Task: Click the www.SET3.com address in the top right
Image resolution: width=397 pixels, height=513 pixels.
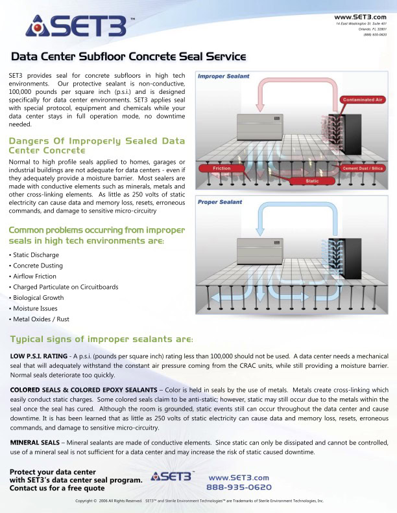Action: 361,16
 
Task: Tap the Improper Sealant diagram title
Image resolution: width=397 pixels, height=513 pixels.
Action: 224,76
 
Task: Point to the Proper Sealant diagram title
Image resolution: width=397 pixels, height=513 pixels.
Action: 221,202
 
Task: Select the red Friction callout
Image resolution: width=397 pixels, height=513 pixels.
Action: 222,168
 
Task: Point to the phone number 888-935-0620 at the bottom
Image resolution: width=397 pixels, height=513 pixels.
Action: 239,487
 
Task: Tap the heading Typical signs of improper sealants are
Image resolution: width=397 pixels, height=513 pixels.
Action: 102,339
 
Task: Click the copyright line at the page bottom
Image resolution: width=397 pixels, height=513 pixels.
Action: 199,501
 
